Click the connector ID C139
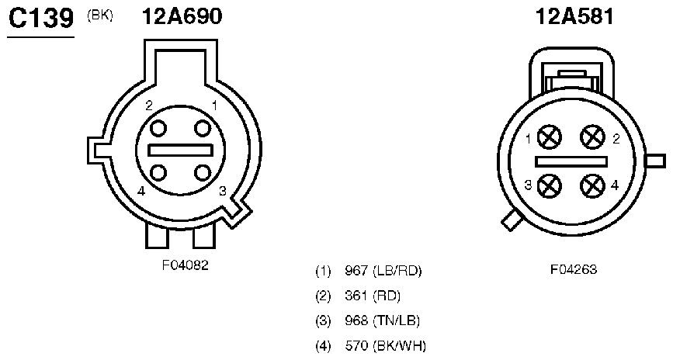(41, 19)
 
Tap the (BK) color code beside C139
(100, 16)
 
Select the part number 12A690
(182, 17)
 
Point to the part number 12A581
(574, 17)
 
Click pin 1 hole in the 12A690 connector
(203, 128)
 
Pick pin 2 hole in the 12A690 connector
(158, 128)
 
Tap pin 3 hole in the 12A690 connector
(203, 172)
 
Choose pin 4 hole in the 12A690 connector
(158, 172)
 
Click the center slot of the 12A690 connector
(180, 151)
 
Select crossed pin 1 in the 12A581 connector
(550, 138)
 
